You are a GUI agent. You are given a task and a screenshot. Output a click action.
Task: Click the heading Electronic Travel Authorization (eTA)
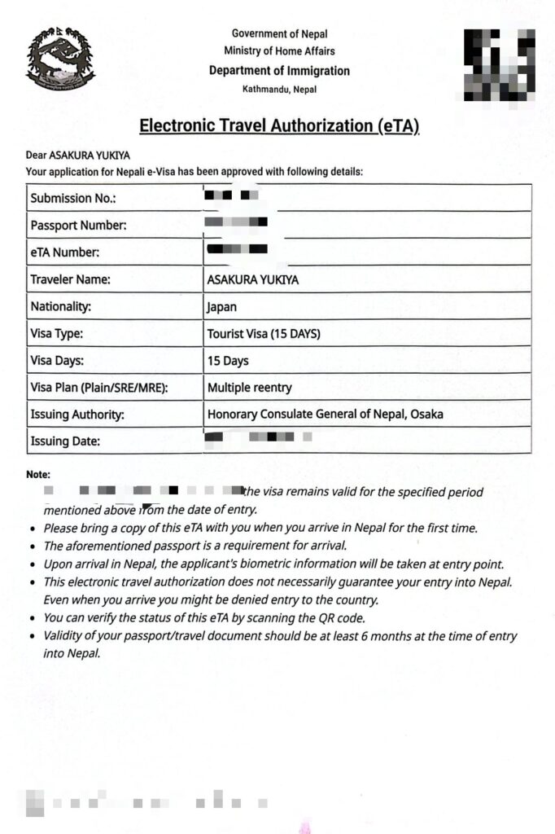[279, 125]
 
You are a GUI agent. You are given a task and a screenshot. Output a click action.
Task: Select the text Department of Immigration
[279, 71]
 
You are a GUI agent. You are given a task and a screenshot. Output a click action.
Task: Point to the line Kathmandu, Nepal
[279, 89]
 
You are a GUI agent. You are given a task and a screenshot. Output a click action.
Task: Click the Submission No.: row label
[73, 198]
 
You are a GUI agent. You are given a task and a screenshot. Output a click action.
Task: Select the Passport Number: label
[78, 225]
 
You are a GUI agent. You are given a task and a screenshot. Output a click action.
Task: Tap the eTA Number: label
[65, 252]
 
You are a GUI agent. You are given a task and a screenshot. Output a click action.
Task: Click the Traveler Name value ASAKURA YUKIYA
[253, 279]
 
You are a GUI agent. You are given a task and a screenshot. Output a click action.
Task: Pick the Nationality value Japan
[223, 307]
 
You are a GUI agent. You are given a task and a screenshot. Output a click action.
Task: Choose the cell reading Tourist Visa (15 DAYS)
[264, 334]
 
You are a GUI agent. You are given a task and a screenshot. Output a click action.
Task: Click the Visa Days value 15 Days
[228, 361]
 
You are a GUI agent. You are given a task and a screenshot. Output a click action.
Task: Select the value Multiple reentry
[249, 388]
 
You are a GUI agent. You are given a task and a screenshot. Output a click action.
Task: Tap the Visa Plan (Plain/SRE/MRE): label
[99, 388]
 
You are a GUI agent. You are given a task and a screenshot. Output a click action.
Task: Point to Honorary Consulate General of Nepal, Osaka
[326, 415]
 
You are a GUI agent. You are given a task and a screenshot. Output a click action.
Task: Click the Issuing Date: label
[65, 441]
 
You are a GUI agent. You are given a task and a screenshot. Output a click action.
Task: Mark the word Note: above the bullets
[38, 474]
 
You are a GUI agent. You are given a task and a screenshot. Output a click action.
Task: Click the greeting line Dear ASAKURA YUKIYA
[78, 156]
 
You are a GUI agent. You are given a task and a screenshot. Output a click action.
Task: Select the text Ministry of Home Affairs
[279, 51]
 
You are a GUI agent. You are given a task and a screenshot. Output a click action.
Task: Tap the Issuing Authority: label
[77, 415]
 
